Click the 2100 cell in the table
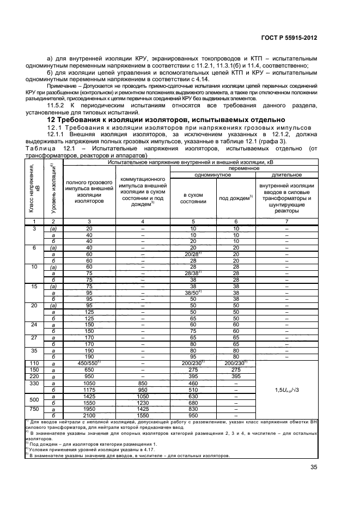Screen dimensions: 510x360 coord(89,415)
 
